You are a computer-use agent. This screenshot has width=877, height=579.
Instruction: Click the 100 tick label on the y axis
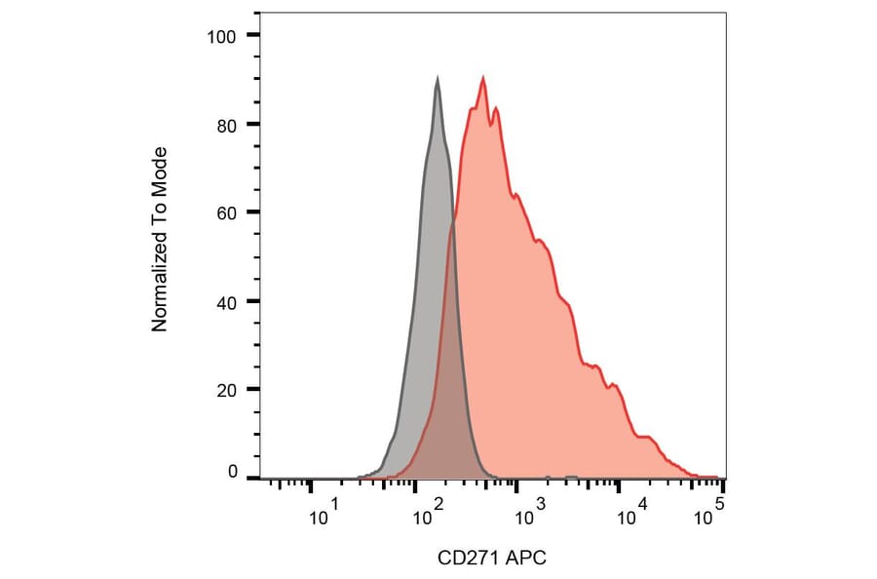pyautogui.click(x=223, y=36)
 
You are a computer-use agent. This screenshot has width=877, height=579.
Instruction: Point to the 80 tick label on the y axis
pyautogui.click(x=227, y=125)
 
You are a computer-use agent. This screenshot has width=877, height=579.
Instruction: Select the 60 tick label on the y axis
pyautogui.click(x=227, y=212)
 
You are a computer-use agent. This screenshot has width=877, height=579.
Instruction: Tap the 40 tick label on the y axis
pyautogui.click(x=227, y=301)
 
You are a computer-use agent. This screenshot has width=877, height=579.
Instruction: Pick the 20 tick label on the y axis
pyautogui.click(x=227, y=390)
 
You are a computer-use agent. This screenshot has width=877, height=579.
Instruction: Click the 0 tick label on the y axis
pyautogui.click(x=232, y=472)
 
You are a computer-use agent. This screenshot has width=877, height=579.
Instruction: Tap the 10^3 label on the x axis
pyautogui.click(x=531, y=513)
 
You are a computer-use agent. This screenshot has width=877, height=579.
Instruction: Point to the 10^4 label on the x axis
pyautogui.click(x=634, y=513)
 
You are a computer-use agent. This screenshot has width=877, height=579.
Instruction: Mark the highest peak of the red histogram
pyautogui.click(x=482, y=78)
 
